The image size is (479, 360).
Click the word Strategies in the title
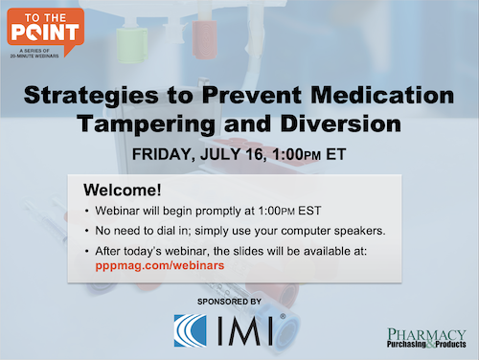(x=85, y=96)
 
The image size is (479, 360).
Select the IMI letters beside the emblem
(x=247, y=331)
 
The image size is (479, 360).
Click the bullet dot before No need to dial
(x=88, y=232)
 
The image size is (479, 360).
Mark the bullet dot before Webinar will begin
(x=88, y=211)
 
